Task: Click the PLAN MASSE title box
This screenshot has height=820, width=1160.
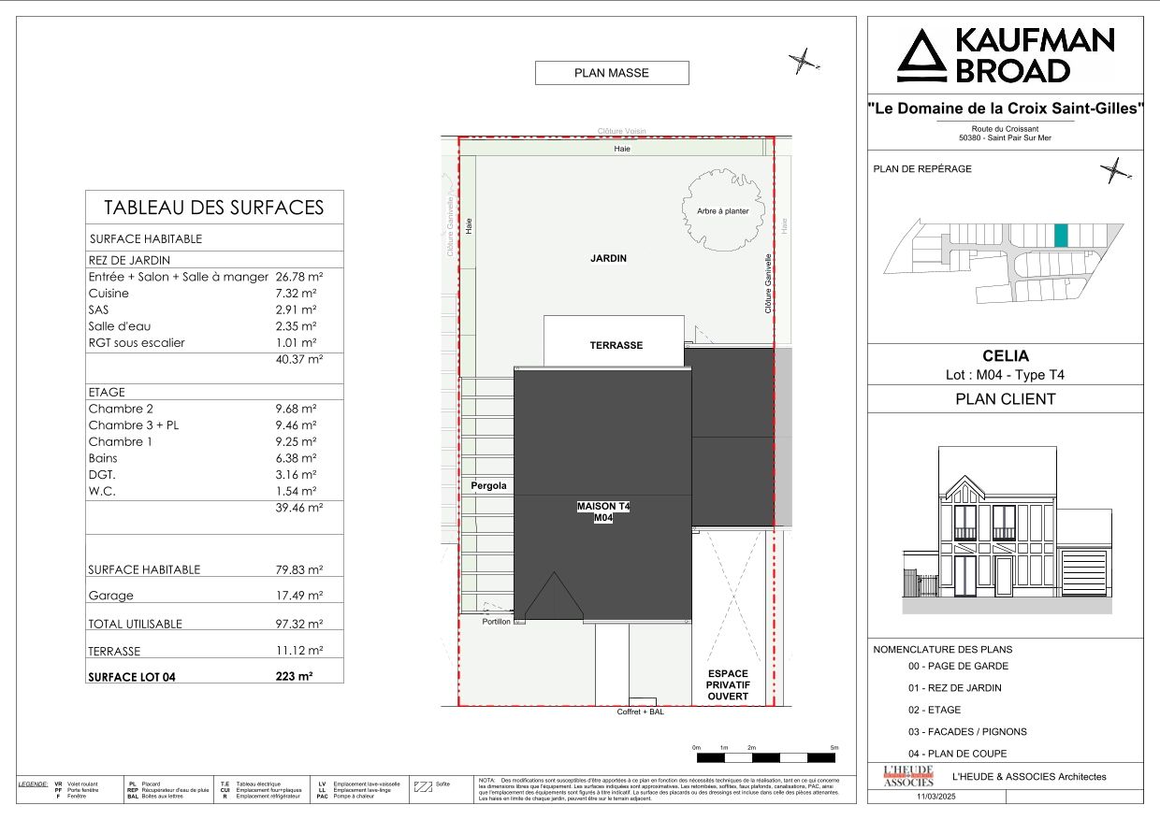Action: coord(611,73)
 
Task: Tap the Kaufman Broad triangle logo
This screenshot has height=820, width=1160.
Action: coord(921,56)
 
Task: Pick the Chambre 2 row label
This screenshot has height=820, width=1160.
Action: coord(121,409)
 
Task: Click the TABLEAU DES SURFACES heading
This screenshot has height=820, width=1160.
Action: coord(213,208)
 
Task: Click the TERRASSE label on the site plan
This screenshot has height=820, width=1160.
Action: coord(616,345)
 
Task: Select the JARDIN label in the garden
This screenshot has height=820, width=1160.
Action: coord(608,258)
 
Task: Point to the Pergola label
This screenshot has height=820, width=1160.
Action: coord(489,485)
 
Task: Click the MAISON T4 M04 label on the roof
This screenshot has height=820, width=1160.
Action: coord(602,512)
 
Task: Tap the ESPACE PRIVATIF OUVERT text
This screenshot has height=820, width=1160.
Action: coord(728,685)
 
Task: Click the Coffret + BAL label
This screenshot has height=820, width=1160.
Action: coord(641,712)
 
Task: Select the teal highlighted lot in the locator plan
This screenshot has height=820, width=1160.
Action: coord(1060,236)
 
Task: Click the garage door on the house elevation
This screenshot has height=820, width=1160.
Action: coord(1084,572)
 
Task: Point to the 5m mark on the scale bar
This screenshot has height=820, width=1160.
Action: coord(834,748)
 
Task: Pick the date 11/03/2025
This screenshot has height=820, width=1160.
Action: coord(937,797)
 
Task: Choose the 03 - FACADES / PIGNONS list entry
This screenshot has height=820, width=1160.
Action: coord(967,732)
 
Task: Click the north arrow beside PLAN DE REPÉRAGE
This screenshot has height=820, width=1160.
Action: coord(1114,171)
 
